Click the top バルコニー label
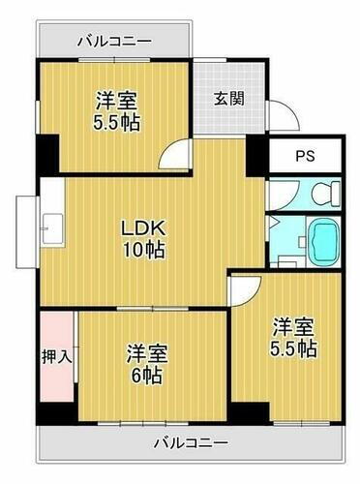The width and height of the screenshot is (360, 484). (x=113, y=42)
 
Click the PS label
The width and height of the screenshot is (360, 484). (x=305, y=155)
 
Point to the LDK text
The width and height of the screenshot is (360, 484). (x=145, y=228)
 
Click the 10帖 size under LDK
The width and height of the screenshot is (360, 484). (x=145, y=250)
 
